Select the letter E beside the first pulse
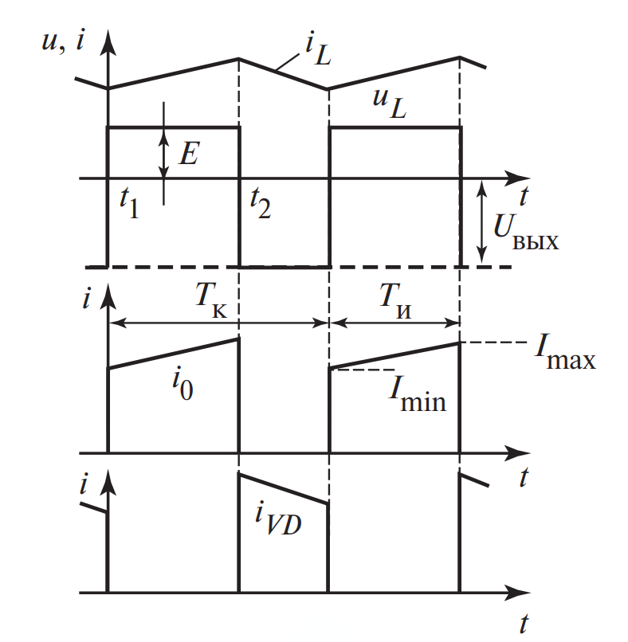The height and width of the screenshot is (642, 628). point(189,152)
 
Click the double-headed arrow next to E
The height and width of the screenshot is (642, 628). point(163,153)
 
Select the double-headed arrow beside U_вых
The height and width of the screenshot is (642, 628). point(481,222)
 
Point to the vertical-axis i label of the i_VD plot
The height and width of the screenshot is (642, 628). point(84,483)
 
